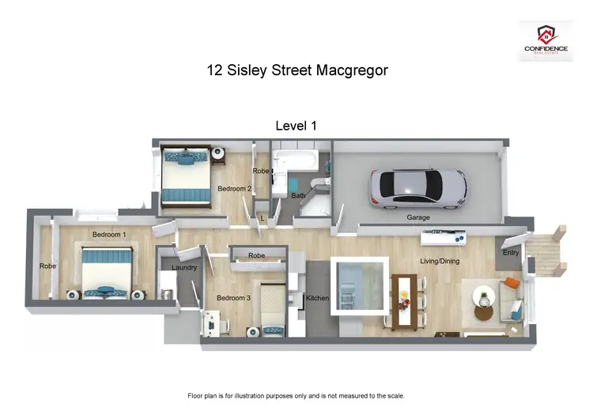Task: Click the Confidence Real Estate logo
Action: (x=546, y=40)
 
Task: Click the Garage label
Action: (x=418, y=217)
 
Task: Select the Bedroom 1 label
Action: (x=108, y=235)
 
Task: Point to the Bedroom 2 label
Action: (x=235, y=189)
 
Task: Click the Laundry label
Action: (x=184, y=268)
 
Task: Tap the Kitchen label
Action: (x=317, y=298)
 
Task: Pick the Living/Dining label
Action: (x=439, y=261)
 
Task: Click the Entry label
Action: (x=511, y=253)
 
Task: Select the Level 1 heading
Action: (x=296, y=126)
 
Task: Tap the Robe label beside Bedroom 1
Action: (x=47, y=266)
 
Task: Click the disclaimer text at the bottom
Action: (x=296, y=395)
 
